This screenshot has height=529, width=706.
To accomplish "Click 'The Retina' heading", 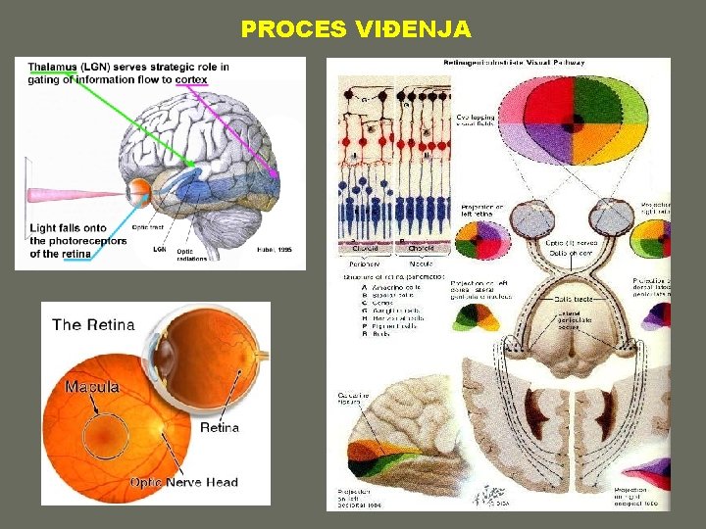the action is point(93,325).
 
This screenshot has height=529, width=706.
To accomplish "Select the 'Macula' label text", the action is point(92,386).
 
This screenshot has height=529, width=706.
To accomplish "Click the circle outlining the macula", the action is point(111,432).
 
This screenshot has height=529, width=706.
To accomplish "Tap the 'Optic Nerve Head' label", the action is point(183,482).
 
